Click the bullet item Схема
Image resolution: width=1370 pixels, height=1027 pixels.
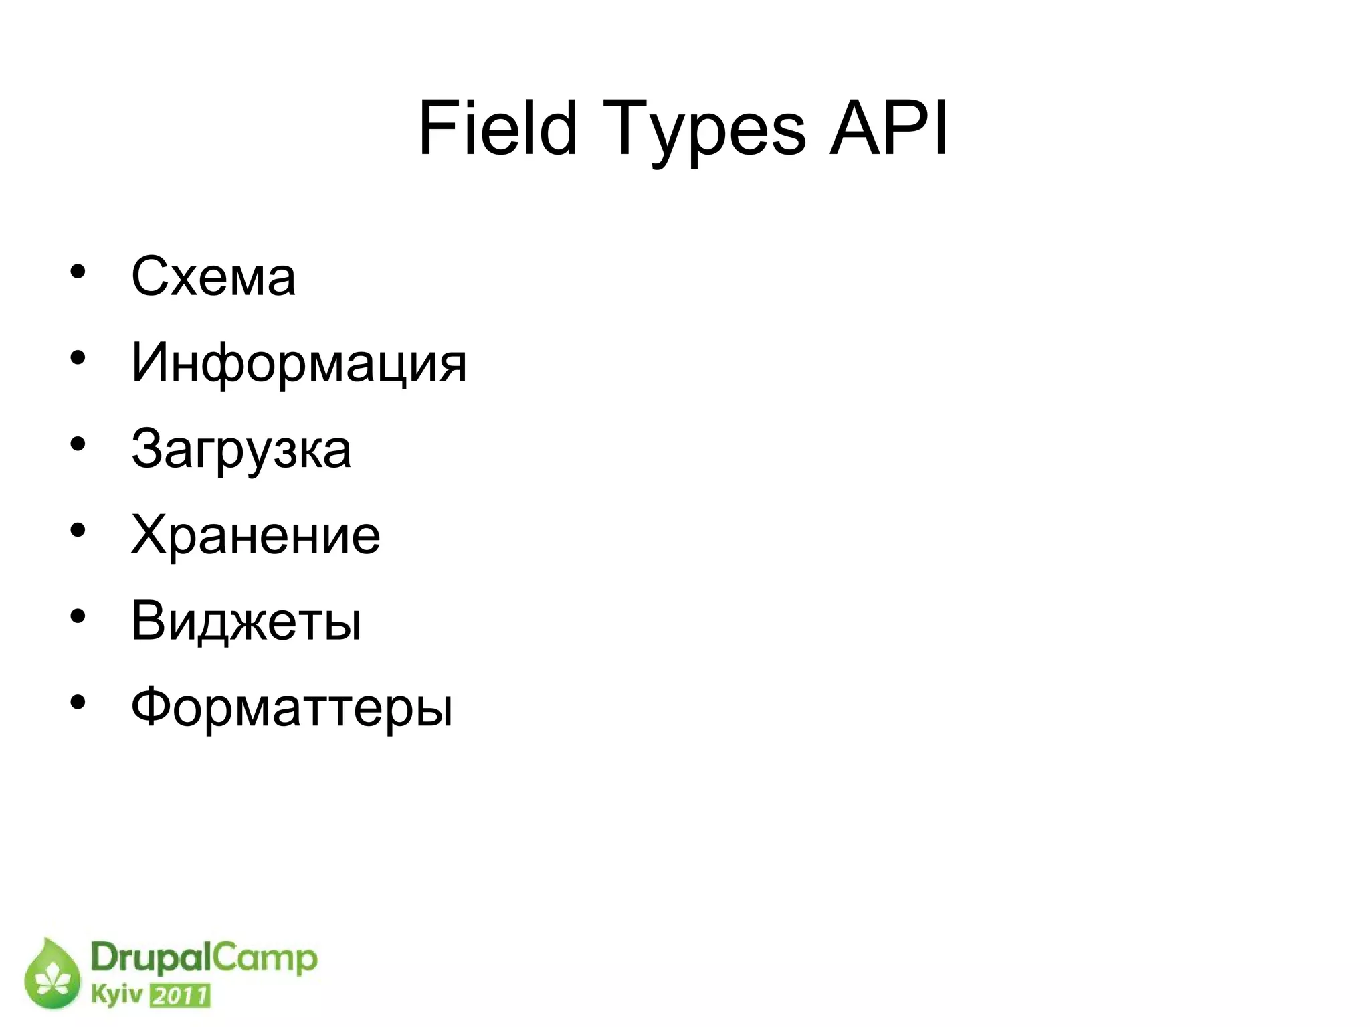213,276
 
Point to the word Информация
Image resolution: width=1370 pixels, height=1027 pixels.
298,363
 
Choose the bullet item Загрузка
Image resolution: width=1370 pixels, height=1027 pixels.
241,449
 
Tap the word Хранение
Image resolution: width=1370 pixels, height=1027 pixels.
256,535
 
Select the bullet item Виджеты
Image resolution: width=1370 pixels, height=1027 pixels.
246,621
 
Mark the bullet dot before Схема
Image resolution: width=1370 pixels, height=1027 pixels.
78,272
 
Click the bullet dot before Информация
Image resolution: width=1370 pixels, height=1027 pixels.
78,358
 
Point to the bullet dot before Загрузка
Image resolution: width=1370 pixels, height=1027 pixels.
78,444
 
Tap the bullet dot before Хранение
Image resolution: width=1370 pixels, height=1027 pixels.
78,530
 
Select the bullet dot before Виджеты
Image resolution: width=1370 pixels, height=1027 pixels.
78,616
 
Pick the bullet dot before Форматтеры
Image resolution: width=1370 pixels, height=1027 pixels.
78,702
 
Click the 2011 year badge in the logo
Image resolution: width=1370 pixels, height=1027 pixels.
179,996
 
